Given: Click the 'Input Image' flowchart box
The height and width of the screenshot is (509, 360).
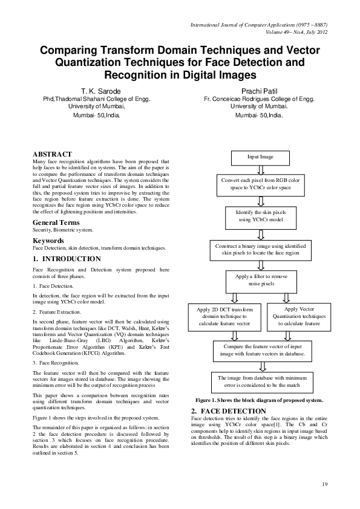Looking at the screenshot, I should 260,157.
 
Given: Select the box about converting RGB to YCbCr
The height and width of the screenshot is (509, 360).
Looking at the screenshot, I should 260,185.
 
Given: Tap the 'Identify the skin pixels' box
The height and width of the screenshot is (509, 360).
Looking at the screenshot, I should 260,216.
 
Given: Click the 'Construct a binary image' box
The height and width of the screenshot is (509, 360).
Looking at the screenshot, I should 260,250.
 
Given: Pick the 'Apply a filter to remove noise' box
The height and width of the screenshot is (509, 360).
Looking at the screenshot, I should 260,279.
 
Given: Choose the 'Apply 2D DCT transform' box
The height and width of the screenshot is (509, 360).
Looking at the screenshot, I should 225,316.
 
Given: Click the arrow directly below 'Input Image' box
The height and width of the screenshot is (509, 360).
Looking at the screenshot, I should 260,170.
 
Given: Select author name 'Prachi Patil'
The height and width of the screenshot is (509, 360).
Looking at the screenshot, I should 258,89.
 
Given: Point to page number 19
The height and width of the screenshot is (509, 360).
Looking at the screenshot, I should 325,484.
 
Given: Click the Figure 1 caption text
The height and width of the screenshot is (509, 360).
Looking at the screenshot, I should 258,400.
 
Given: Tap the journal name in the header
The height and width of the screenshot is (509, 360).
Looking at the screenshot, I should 259,25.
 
